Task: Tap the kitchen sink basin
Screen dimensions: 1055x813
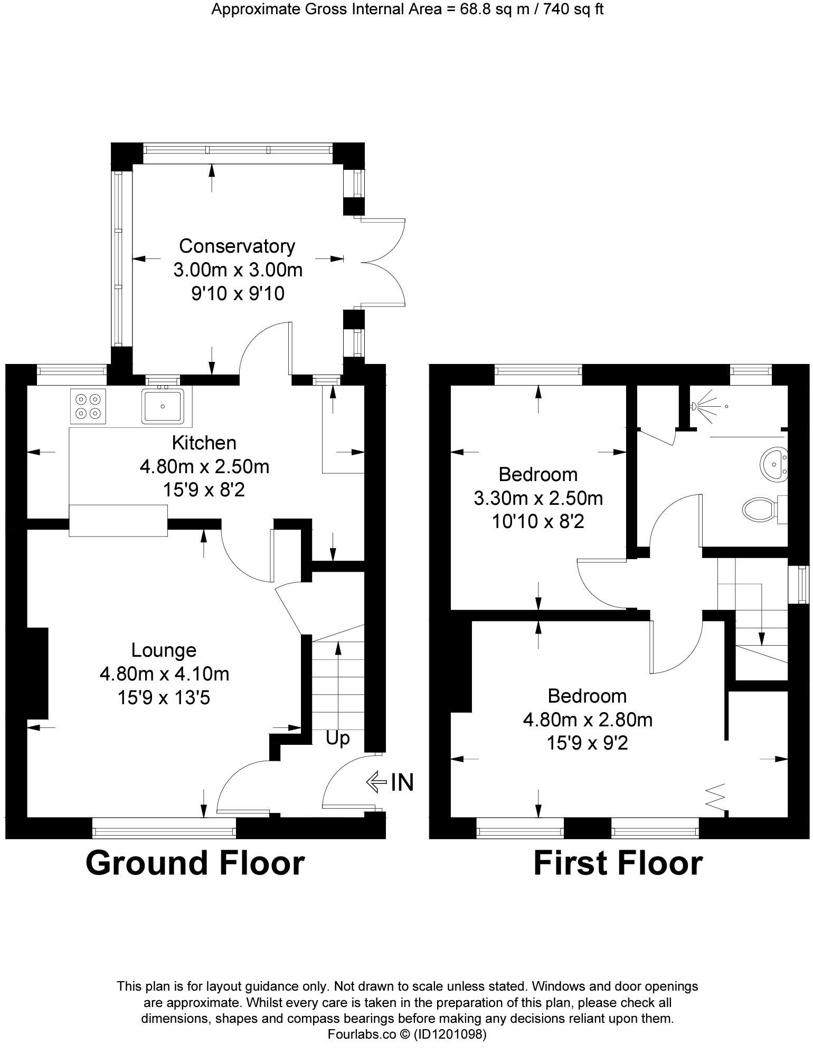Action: coord(163,406)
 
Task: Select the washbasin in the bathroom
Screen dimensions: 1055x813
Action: coord(773,464)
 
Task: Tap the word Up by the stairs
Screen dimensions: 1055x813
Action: coord(337,738)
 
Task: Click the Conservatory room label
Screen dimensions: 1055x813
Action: coord(237,246)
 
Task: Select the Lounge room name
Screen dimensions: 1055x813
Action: coord(164,650)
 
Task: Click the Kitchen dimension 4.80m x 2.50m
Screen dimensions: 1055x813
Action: coord(204,466)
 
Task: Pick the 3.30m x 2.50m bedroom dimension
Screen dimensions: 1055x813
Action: coord(538,498)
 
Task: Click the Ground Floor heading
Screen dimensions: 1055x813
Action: coord(195,864)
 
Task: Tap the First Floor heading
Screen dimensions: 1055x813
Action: coord(618,864)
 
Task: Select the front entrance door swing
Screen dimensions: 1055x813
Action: coord(346,781)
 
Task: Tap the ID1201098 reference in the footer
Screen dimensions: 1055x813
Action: coord(450,1034)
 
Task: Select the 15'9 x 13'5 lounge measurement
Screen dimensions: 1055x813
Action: coord(164,698)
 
